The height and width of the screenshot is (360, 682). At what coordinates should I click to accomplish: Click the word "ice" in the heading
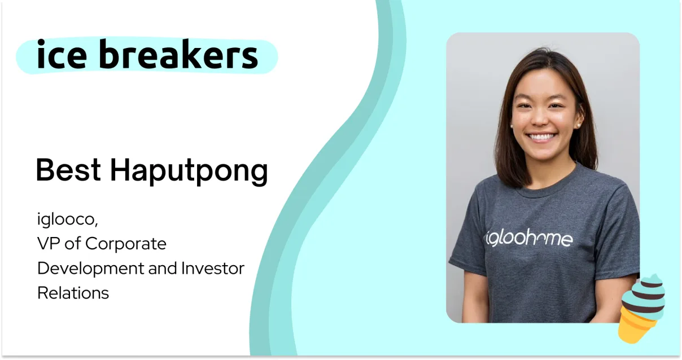pyautogui.click(x=62, y=54)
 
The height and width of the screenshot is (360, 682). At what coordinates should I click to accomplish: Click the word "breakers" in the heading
pyautogui.click(x=179, y=54)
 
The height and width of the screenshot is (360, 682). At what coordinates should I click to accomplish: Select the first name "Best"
pyautogui.click(x=68, y=170)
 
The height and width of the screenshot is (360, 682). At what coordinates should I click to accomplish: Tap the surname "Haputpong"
pyautogui.click(x=189, y=172)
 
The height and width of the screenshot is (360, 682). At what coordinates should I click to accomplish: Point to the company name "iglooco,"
pyautogui.click(x=67, y=219)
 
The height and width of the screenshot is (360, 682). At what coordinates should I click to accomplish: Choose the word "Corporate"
pyautogui.click(x=126, y=244)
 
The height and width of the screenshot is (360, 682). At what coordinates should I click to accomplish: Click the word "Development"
pyautogui.click(x=91, y=269)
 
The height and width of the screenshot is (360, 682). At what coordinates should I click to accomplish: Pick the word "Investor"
pyautogui.click(x=213, y=269)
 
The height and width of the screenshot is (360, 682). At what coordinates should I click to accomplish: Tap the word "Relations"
pyautogui.click(x=73, y=293)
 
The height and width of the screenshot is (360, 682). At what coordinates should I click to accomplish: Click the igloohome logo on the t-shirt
pyautogui.click(x=529, y=238)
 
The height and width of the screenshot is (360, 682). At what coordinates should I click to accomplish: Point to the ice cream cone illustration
pyautogui.click(x=642, y=309)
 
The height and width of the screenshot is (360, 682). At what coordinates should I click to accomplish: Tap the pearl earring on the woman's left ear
pyautogui.click(x=578, y=125)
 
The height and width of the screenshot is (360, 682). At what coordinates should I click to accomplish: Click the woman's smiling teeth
pyautogui.click(x=542, y=137)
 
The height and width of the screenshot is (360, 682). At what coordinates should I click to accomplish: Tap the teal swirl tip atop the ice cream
pyautogui.click(x=654, y=278)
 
